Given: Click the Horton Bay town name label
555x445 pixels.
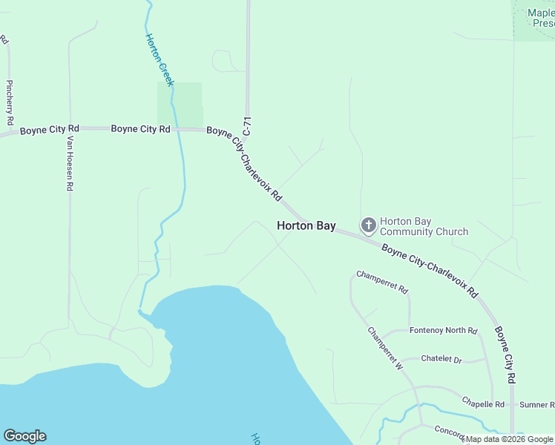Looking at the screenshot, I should coord(306,225).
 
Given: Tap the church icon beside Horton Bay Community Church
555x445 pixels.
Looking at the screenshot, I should coord(368,225).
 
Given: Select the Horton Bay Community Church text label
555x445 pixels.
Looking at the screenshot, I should coord(424,226).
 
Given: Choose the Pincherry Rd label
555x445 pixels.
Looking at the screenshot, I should coord(9,102).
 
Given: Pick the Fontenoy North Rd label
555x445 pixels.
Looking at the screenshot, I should coord(443,331).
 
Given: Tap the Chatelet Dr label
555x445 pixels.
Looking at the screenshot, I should coord(441,359).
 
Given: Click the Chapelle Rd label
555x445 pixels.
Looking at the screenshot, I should coord(483,404).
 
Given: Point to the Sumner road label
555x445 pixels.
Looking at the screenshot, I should coord(536,404).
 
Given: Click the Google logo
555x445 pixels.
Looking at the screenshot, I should coord(24,436).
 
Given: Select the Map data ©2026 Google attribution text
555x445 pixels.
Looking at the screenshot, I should coord(509,439).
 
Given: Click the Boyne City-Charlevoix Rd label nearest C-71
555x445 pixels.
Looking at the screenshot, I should coord(244,163).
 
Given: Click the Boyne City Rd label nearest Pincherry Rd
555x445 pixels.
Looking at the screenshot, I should coord(44,130).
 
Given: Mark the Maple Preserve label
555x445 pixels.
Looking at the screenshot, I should coord(540,18).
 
